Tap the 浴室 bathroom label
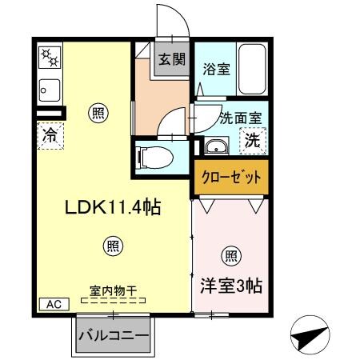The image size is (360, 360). (x=216, y=69)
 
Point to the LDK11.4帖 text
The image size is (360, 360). (x=113, y=208)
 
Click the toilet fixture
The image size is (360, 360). (x=153, y=158)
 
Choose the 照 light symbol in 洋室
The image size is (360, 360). (x=230, y=256)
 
